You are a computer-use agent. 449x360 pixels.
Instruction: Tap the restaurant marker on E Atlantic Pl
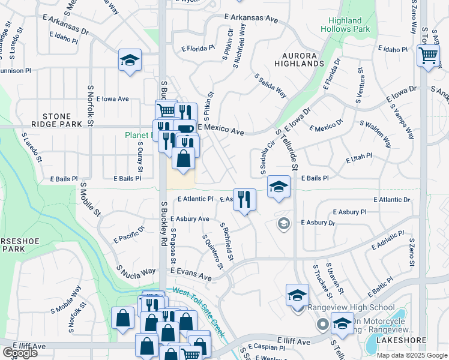pos(244,200)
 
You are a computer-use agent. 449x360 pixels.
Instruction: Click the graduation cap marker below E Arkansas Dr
pos(130,61)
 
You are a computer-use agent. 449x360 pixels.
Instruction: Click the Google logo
pos(20,353)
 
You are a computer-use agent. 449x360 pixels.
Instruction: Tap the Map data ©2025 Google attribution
pos(412,355)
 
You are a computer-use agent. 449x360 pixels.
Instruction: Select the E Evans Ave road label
pos(191,275)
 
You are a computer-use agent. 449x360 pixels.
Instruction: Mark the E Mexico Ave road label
pos(220,130)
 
